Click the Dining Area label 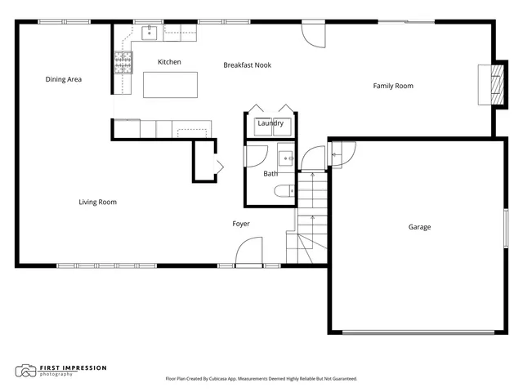click(x=63, y=79)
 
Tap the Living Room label click(x=97, y=202)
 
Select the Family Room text click(x=393, y=86)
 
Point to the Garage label click(x=419, y=227)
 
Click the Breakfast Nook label click(x=247, y=65)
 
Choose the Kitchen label click(x=169, y=62)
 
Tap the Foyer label click(x=240, y=224)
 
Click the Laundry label click(x=270, y=123)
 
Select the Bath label click(x=270, y=174)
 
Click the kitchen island click(x=170, y=85)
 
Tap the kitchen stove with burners click(x=123, y=63)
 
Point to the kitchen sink click(x=150, y=33)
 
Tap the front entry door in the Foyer click(x=248, y=253)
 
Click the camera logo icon click(x=26, y=372)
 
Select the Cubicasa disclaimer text click(x=261, y=379)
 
